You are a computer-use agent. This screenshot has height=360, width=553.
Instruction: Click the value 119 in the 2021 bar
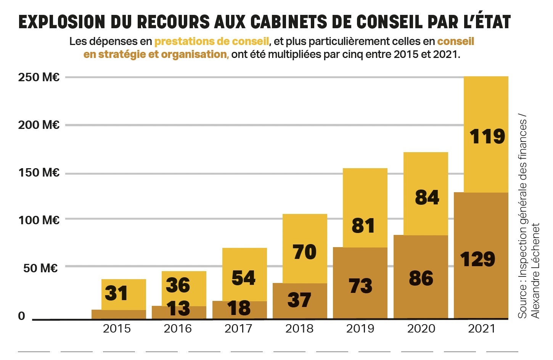[x=487, y=137]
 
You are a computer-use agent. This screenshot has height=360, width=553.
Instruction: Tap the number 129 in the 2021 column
[x=477, y=259]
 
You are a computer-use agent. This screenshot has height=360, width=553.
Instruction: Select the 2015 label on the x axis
[x=117, y=328]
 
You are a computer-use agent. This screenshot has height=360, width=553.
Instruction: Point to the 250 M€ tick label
[x=39, y=77]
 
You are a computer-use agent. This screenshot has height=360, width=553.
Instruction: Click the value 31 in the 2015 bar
[x=116, y=293]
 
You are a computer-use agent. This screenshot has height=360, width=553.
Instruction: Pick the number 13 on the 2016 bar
[x=178, y=309]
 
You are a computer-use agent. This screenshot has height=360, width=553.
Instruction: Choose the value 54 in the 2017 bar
[x=243, y=278]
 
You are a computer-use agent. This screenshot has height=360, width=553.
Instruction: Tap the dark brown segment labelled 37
[x=299, y=300]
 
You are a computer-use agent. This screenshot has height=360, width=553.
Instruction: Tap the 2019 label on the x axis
[x=360, y=328]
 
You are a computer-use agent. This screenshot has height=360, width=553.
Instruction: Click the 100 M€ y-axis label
[x=39, y=220]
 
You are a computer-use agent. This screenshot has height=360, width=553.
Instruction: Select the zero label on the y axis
[x=22, y=316]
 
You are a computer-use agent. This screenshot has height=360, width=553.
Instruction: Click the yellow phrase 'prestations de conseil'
[x=212, y=41]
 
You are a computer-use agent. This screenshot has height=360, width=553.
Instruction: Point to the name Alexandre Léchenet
[x=535, y=271]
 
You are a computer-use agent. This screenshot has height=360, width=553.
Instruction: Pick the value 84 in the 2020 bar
[x=427, y=198]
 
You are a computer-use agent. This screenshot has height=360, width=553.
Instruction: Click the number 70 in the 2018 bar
[x=305, y=252]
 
